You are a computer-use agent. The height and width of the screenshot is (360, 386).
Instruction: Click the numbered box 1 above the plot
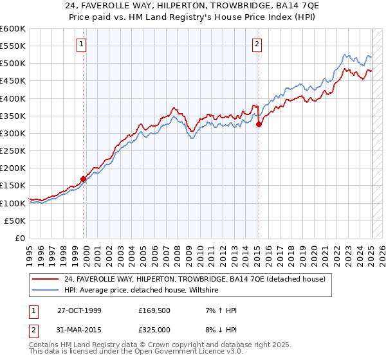pos(82,44)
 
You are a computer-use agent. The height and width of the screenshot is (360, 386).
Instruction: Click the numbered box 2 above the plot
pos(257,44)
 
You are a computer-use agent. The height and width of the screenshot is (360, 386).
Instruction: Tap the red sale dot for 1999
pos(84,179)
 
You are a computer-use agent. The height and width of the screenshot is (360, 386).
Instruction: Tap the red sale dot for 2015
pos(259,125)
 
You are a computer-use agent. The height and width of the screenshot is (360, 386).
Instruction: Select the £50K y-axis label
pos(15,221)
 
